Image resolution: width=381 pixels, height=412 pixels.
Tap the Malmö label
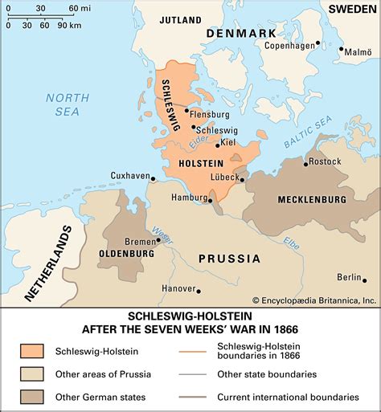click(358, 51)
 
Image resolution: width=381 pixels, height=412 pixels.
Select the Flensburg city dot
click(186, 111)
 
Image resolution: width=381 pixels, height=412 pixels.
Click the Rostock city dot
click(306, 163)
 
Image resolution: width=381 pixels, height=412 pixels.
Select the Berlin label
click(350, 277)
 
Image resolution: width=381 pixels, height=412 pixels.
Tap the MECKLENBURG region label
click(311, 199)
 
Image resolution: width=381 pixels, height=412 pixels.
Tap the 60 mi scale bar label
click(80, 8)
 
